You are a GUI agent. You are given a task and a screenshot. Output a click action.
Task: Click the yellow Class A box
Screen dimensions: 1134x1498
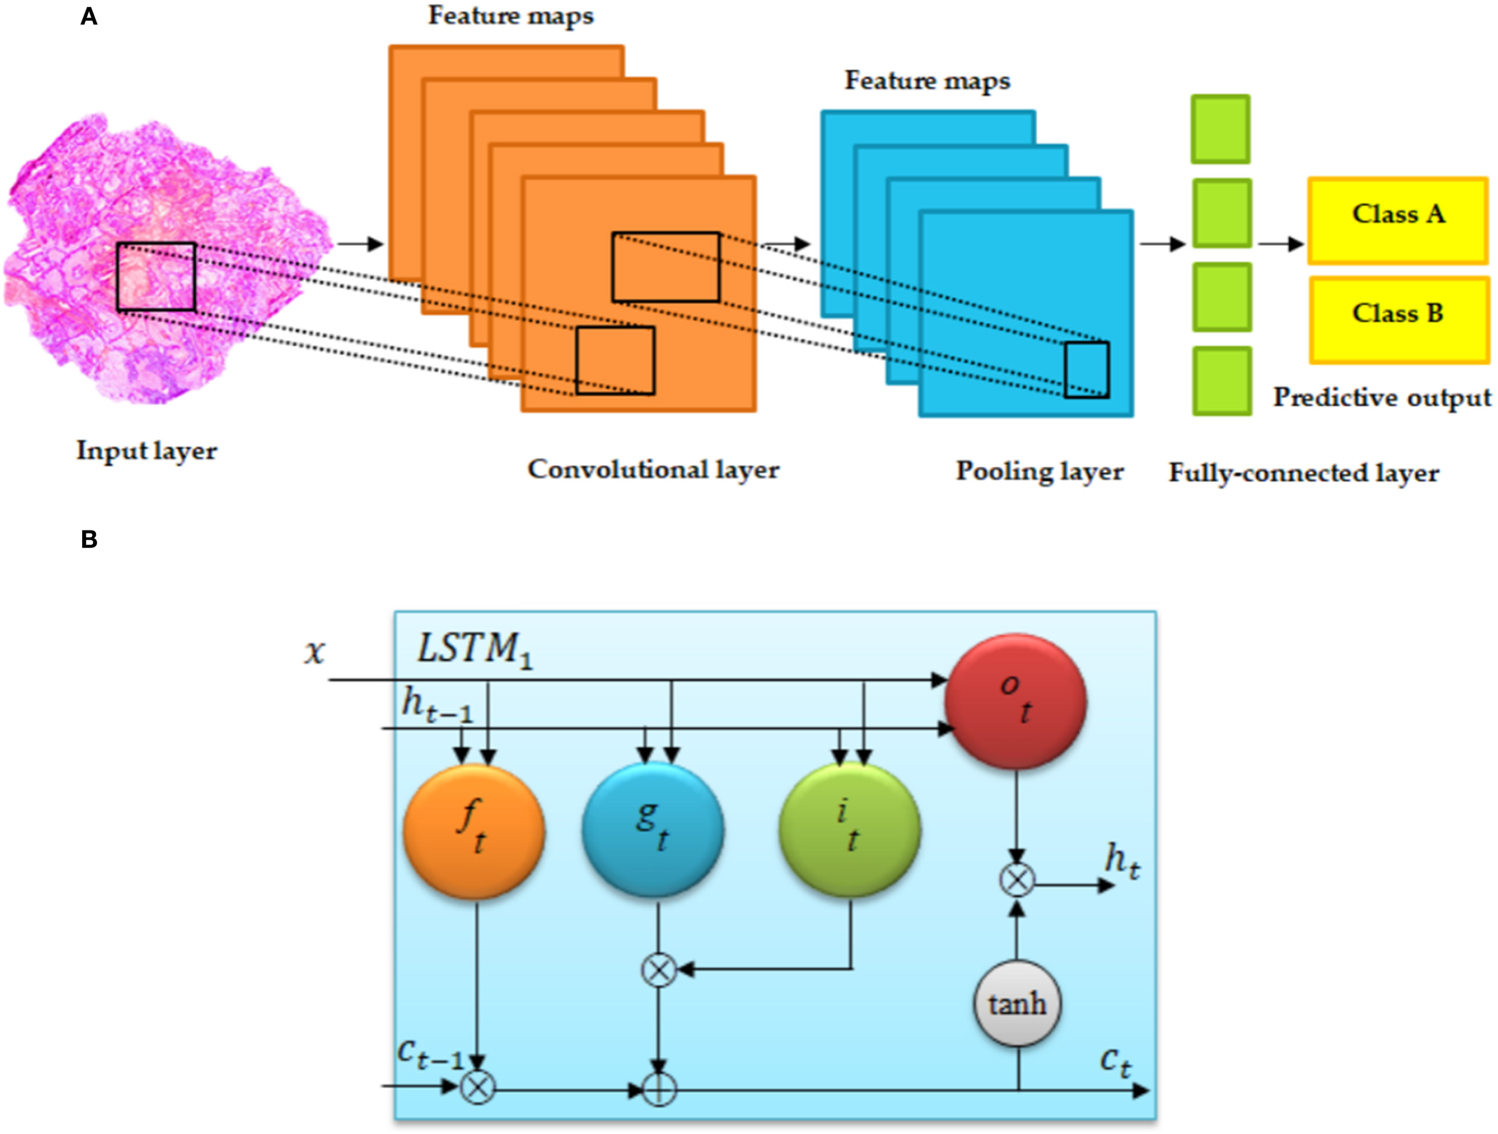1398,220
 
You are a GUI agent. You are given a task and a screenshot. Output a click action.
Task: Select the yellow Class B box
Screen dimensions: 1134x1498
1398,319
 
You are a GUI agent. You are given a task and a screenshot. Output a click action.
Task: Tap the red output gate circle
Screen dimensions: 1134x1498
1016,701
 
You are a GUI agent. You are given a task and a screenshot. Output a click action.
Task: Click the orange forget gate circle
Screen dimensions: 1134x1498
474,831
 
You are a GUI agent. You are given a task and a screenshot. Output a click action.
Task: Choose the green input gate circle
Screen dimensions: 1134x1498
850,830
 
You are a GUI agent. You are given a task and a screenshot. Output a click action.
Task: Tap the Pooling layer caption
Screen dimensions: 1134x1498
1040,472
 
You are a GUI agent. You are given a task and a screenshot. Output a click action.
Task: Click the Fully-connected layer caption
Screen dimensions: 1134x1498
1304,473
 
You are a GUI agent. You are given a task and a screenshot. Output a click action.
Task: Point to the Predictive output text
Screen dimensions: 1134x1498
1382,397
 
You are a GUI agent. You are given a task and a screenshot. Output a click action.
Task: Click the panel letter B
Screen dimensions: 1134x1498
89,539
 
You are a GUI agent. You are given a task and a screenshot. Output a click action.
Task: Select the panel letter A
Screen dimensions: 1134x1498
89,16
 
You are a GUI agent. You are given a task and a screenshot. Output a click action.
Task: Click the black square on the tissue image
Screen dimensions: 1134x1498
156,277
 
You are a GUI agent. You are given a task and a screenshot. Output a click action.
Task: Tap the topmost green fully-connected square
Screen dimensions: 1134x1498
1221,129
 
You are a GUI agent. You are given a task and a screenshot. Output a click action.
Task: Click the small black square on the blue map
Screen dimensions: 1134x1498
1086,370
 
